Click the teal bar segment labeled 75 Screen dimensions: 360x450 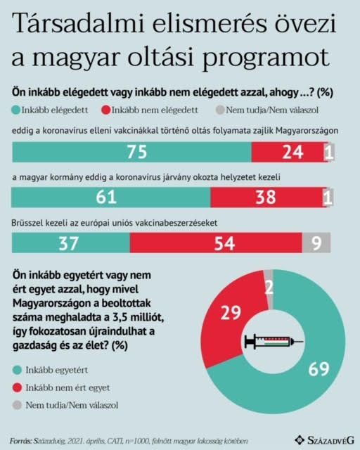(x=131, y=152)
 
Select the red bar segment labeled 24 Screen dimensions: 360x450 (x=290, y=152)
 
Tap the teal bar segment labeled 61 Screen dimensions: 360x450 (x=111, y=197)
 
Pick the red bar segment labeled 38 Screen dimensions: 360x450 (x=267, y=197)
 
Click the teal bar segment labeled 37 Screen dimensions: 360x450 (x=71, y=243)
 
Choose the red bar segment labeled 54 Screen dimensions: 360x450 (x=216, y=243)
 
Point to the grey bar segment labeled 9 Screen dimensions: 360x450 (x=316, y=243)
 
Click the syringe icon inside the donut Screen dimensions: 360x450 (x=274, y=341)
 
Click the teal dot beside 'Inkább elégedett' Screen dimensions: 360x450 (x=16, y=110)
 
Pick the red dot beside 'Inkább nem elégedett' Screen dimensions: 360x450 (x=106, y=110)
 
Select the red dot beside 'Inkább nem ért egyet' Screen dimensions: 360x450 (x=17, y=387)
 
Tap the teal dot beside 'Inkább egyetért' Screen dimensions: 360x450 (x=17, y=371)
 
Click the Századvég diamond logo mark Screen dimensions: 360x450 (x=300, y=439)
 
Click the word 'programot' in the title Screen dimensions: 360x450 (x=266, y=58)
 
